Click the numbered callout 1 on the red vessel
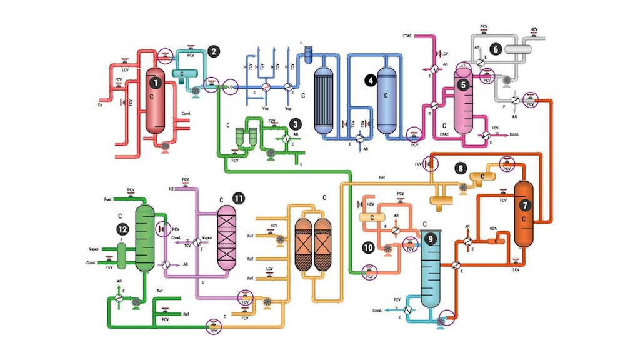(x=154, y=81)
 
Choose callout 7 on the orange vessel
(x=525, y=204)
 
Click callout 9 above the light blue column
(x=429, y=238)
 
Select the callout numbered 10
(x=369, y=247)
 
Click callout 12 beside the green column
(x=123, y=229)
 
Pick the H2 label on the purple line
(x=171, y=188)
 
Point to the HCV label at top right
(x=534, y=29)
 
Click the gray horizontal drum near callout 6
(x=517, y=48)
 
